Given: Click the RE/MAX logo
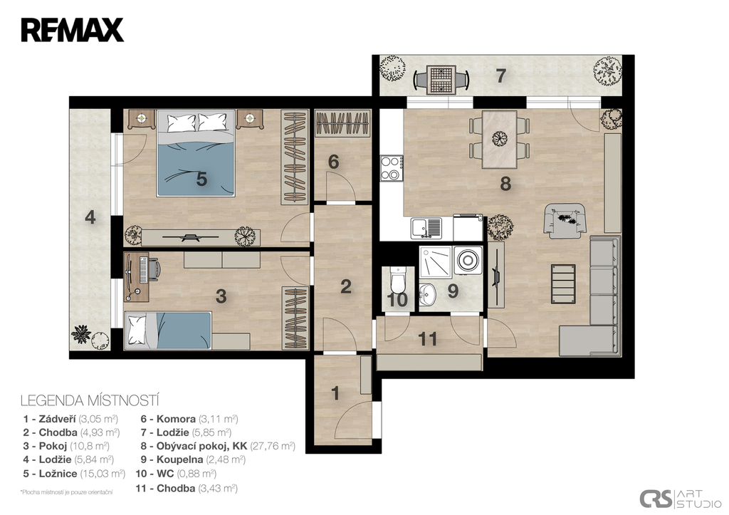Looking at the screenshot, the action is click(72, 30).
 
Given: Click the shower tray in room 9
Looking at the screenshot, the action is click(435, 261).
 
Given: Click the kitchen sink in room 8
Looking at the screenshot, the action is click(426, 228).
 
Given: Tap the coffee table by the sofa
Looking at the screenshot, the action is click(563, 283).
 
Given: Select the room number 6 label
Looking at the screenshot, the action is click(333, 162).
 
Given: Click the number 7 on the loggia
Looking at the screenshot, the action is click(500, 76).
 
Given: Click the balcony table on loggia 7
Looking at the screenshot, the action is click(441, 80).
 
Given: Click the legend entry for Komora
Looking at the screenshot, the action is click(189, 419).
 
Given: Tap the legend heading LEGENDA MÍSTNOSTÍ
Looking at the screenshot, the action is click(90, 400).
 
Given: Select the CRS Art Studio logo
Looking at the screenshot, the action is click(681, 499).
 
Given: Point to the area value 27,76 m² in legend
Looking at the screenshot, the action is click(273, 446).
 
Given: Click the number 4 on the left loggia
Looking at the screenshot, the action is click(90, 217).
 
